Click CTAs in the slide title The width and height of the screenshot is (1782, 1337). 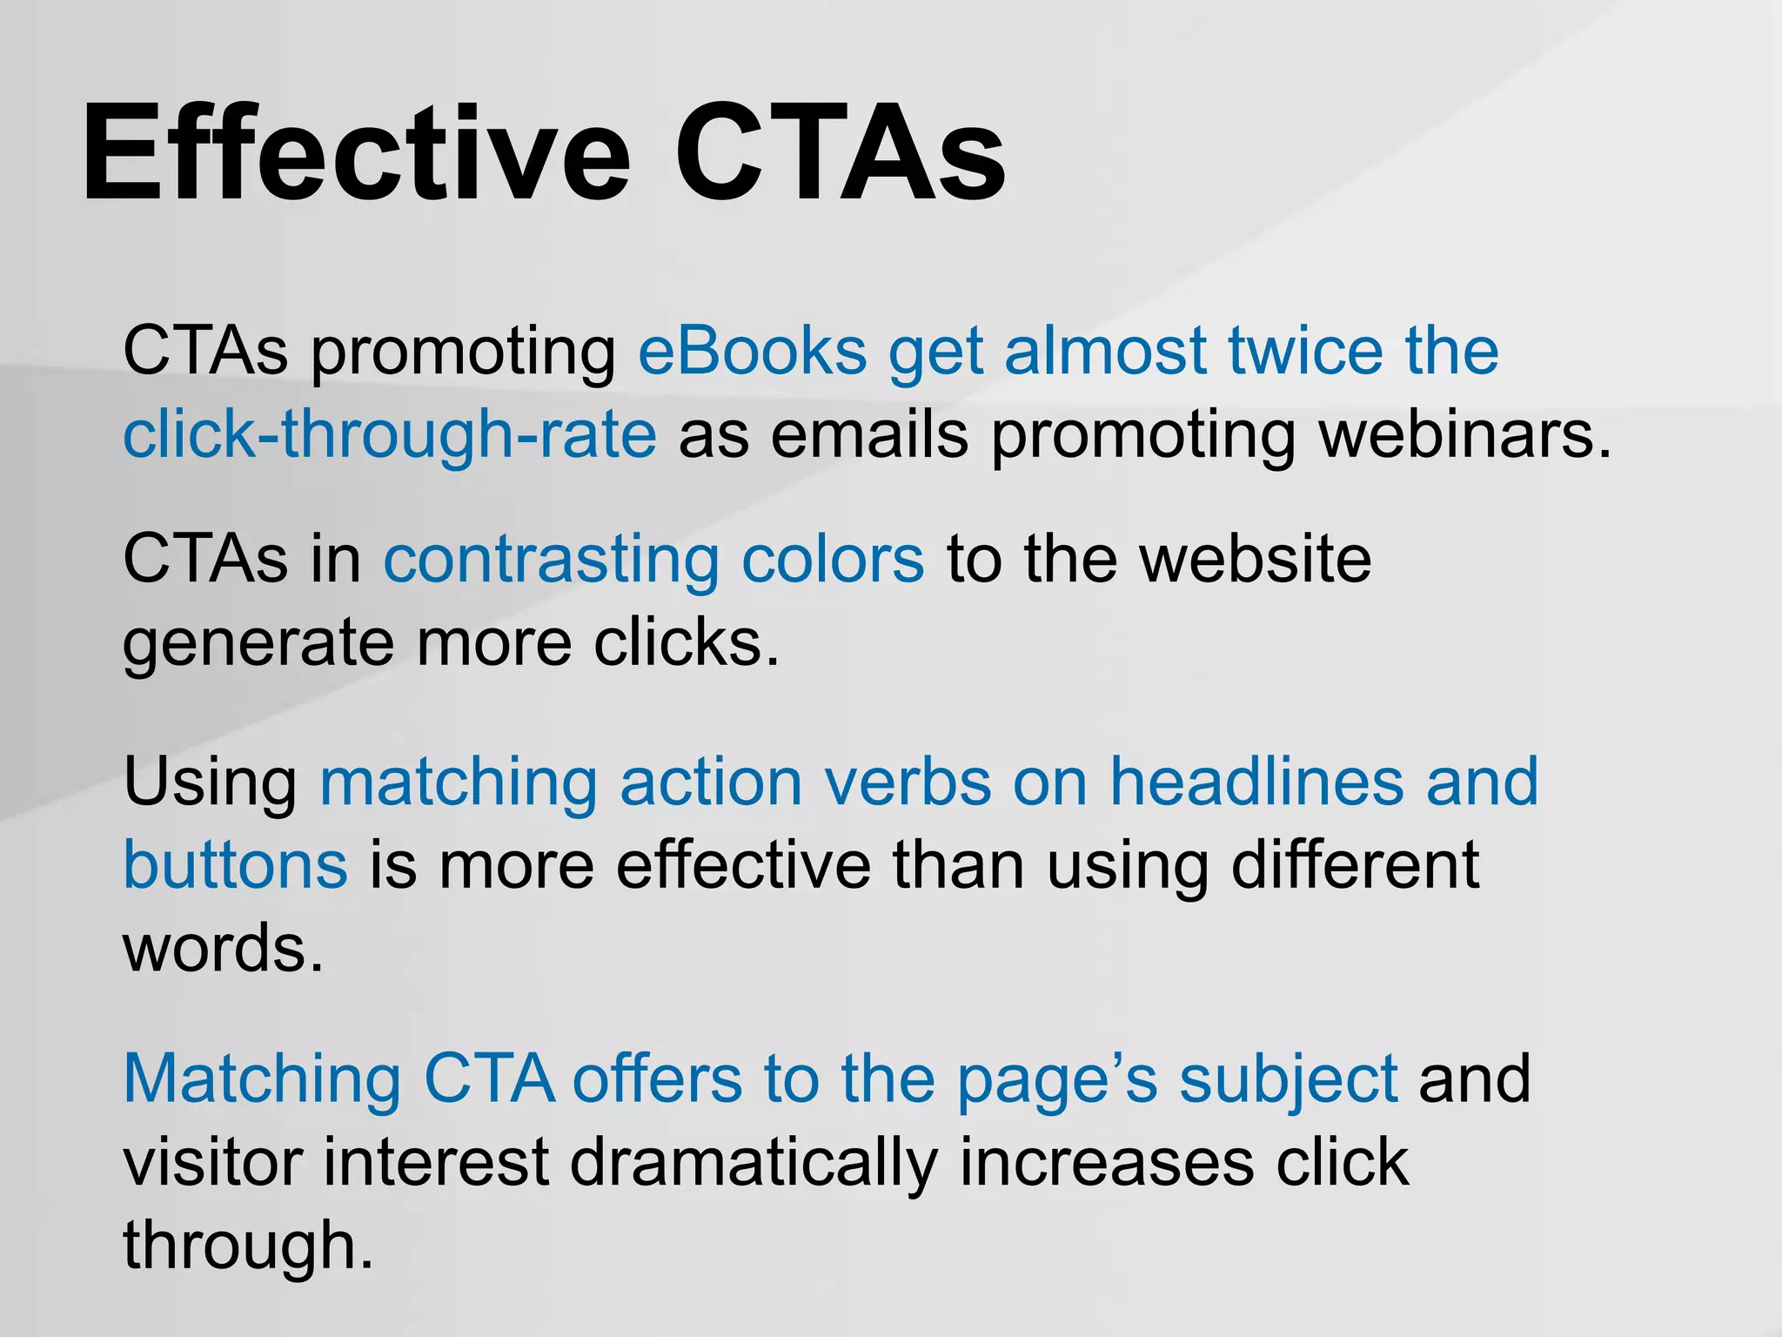pos(839,154)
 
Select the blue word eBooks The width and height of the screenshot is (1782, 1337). pos(752,351)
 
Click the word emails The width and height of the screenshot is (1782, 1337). pos(869,434)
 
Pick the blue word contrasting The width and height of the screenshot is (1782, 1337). pos(551,560)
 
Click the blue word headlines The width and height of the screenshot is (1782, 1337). pos(1256,782)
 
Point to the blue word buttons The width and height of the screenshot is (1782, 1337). pos(235,865)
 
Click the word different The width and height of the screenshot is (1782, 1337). pos(1355,865)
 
